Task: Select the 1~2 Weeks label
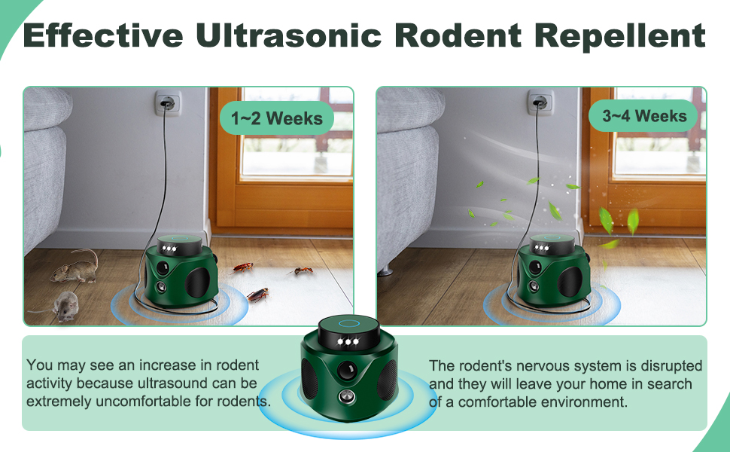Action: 276,118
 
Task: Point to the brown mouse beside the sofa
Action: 76,267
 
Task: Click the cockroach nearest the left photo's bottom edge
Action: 259,295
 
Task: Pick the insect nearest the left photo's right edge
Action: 303,270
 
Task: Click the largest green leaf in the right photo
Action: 606,219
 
